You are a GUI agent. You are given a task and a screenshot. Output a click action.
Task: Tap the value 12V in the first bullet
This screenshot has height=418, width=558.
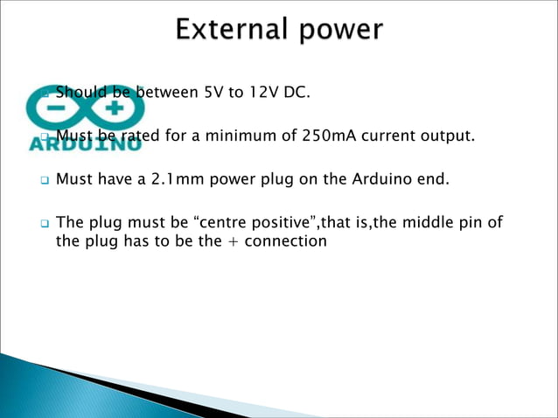(265, 92)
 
